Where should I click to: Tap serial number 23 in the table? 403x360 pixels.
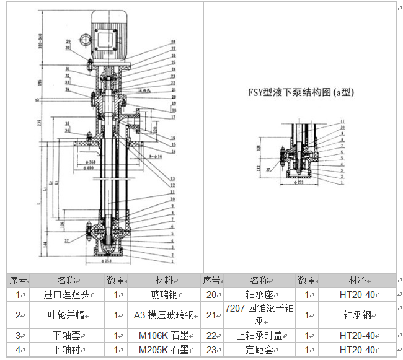tap(211, 350)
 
